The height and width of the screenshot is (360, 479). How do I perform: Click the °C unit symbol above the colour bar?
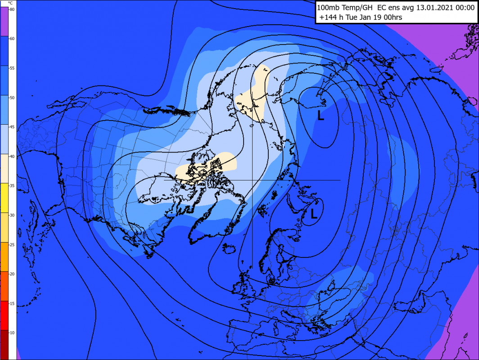(x=10, y=3)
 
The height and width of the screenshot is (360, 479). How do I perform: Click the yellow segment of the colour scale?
(x=8, y=198)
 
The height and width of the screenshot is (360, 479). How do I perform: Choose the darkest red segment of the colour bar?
(x=8, y=344)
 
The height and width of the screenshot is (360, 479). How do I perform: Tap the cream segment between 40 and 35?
(x=8, y=169)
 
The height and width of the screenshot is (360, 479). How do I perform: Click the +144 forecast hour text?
(x=327, y=18)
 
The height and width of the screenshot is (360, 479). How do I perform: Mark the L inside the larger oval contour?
(x=321, y=116)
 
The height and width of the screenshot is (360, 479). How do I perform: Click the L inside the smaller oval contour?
(x=315, y=212)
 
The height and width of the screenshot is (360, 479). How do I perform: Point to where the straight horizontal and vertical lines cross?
(x=252, y=180)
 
